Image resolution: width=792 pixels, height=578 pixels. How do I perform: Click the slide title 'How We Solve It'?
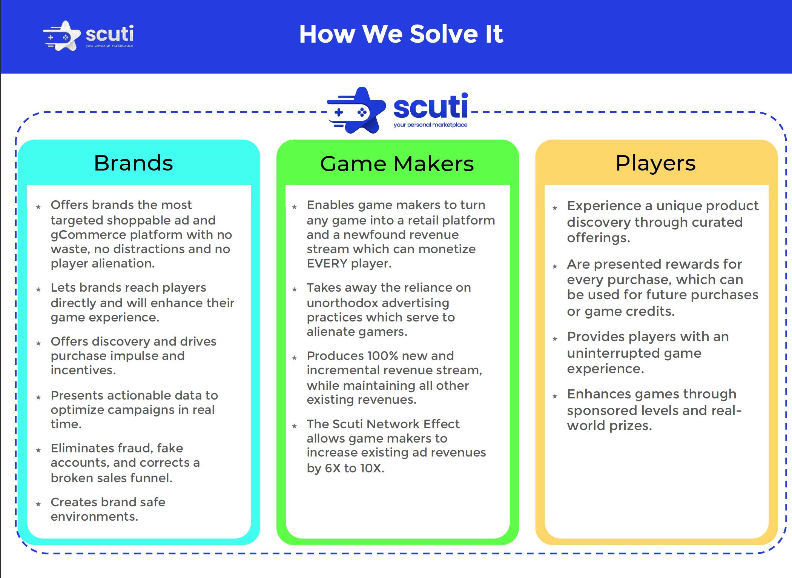tap(401, 34)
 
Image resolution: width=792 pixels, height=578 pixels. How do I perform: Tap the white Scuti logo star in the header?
tap(62, 36)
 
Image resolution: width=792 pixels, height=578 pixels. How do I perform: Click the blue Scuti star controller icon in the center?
tap(356, 110)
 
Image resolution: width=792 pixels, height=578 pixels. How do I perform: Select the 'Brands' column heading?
tap(134, 163)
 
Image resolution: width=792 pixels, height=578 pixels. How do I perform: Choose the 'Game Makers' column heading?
tap(397, 164)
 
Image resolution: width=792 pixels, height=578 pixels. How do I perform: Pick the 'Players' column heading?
tap(655, 163)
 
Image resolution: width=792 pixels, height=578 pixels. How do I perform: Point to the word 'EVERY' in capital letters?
tap(327, 263)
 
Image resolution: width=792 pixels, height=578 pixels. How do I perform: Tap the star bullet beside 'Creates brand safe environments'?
tap(38, 504)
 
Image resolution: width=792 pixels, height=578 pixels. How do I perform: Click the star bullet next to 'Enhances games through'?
tap(555, 396)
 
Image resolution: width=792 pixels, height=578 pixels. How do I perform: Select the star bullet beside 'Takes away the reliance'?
tap(295, 289)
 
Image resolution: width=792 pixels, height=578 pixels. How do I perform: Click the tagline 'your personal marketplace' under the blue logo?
tap(430, 125)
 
